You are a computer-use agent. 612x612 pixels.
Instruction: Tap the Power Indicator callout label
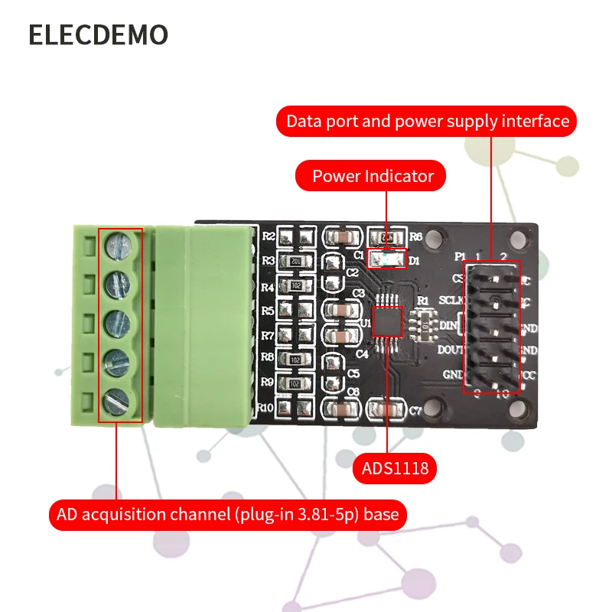click(x=373, y=176)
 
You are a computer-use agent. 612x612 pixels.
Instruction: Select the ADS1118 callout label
click(x=390, y=467)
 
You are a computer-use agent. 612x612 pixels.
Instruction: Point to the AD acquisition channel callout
click(x=228, y=514)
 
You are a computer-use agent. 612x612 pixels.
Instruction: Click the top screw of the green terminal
click(x=121, y=245)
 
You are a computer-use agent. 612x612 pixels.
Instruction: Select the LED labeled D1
click(x=386, y=259)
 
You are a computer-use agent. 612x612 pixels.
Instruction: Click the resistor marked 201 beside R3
click(x=295, y=262)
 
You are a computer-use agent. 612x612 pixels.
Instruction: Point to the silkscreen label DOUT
click(x=451, y=350)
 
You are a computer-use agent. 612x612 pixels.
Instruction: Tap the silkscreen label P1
click(x=460, y=256)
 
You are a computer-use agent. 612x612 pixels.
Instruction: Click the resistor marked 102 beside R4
click(x=295, y=285)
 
